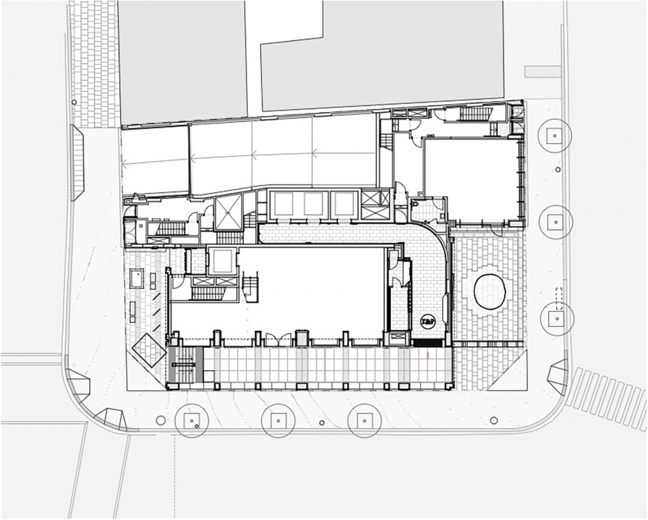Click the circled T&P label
click(x=427, y=321)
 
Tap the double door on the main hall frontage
click(x=279, y=340)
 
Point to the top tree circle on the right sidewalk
click(x=554, y=136)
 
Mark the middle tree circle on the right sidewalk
click(x=556, y=220)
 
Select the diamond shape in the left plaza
click(x=149, y=350)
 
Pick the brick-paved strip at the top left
click(x=94, y=64)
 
